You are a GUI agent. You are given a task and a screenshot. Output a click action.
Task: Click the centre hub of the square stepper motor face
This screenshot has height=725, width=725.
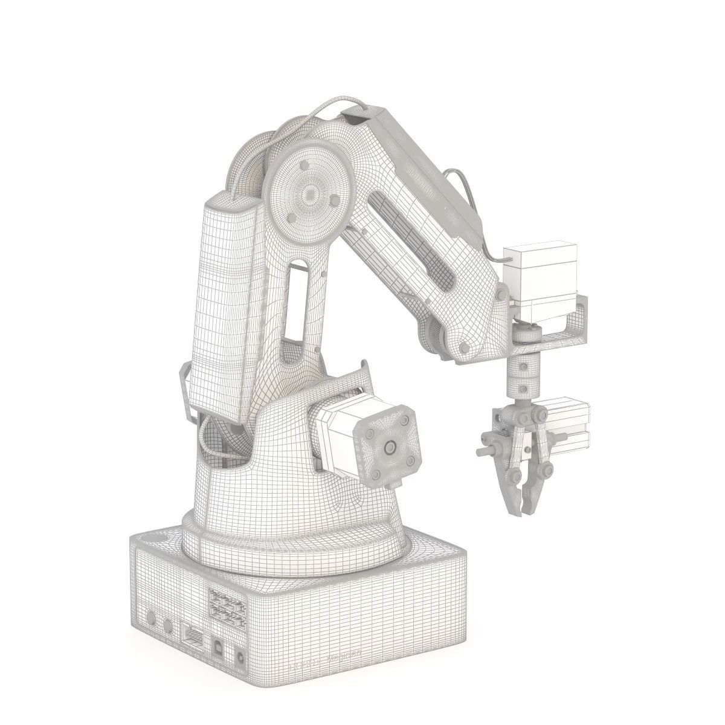click(388, 448)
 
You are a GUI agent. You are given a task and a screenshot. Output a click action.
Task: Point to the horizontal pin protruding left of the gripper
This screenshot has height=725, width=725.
click(484, 451)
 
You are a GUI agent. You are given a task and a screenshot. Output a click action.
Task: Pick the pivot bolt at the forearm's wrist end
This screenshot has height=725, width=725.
click(465, 347)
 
